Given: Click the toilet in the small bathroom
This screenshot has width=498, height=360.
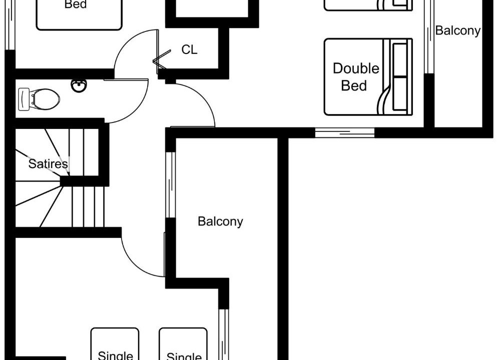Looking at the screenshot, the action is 39,99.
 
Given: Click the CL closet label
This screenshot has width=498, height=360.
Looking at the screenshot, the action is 189,49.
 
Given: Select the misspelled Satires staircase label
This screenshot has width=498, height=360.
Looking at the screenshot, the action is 48,163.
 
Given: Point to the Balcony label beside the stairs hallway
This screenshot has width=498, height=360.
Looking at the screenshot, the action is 220,221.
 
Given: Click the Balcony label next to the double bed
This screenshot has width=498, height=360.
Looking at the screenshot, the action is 457,30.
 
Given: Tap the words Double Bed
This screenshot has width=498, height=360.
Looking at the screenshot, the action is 356,77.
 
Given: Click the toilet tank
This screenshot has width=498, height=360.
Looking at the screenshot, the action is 24,99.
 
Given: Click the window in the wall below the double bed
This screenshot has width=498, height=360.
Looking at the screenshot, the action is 345,132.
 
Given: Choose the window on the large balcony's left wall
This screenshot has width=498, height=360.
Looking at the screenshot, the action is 171,185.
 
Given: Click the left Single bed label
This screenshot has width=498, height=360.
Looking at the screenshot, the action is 115,355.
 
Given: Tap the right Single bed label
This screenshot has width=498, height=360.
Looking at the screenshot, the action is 184,356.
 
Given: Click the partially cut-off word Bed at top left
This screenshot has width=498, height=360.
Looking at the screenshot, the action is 76,4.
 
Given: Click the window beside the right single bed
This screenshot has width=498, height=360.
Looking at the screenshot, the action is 224,334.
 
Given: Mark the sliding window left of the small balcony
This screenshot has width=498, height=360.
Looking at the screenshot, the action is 429,37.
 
